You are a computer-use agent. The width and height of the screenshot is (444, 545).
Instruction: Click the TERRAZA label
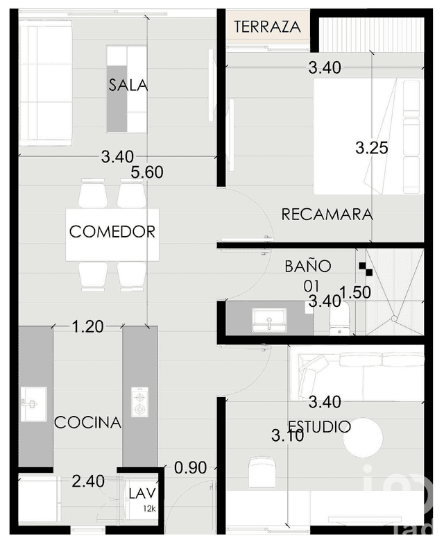(267, 28)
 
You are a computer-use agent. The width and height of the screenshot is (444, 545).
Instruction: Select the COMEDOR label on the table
(112, 232)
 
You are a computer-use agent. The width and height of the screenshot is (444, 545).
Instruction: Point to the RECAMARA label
(327, 215)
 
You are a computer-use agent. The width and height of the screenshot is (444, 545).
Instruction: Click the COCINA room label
(88, 422)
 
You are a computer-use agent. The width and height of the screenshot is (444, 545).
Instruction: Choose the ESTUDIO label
(320, 426)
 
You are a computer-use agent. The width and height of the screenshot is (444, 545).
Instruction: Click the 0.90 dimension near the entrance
(191, 468)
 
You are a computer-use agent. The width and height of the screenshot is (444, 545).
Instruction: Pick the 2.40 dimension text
(88, 480)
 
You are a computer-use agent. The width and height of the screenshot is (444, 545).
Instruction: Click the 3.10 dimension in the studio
(287, 437)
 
